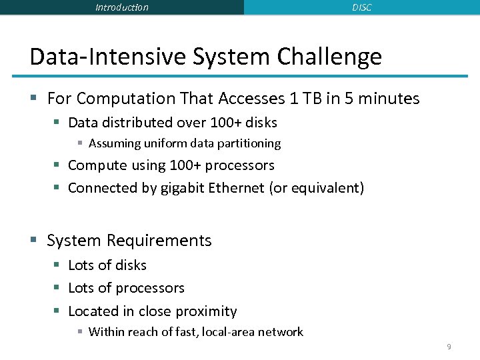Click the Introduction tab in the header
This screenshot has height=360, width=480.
click(x=122, y=7)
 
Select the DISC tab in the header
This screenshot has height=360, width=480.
click(x=361, y=7)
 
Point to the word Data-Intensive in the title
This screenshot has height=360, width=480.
click(x=108, y=57)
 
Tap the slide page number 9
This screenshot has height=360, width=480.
click(x=449, y=347)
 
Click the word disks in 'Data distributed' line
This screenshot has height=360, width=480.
click(x=261, y=123)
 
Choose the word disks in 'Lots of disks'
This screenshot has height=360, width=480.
click(x=131, y=265)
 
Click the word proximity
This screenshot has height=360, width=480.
click(x=206, y=311)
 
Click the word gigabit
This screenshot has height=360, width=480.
click(x=182, y=188)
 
